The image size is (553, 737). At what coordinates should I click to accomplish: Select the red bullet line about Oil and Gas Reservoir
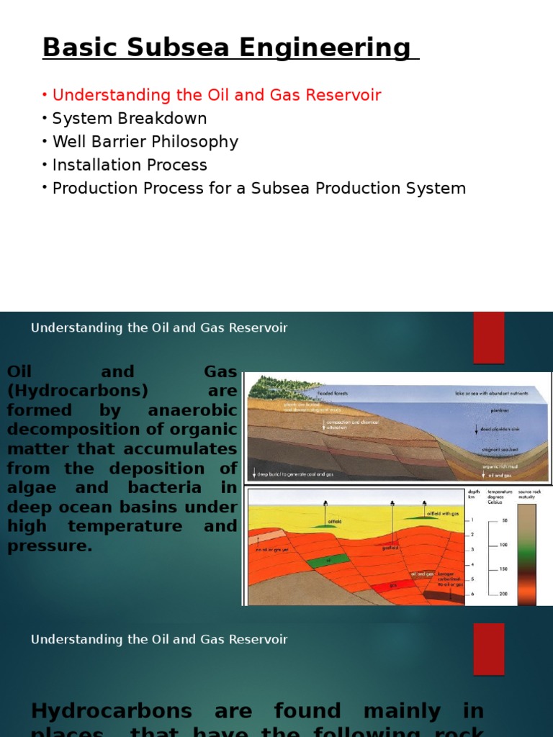tap(216, 95)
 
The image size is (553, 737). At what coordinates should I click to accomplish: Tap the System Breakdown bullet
tap(130, 118)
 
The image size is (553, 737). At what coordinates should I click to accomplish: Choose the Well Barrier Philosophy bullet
tap(145, 142)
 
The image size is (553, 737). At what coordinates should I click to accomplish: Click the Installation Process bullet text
tap(130, 165)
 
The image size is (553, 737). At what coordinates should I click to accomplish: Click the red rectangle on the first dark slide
tap(488, 338)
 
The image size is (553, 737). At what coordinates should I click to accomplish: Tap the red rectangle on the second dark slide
tap(488, 648)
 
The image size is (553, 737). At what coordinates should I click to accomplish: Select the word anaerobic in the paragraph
tap(192, 410)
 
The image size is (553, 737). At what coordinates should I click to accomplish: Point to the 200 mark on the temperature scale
tap(503, 593)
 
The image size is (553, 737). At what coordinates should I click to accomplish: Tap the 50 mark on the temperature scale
tap(504, 520)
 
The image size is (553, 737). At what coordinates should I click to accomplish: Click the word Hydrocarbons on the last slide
tap(111, 711)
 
